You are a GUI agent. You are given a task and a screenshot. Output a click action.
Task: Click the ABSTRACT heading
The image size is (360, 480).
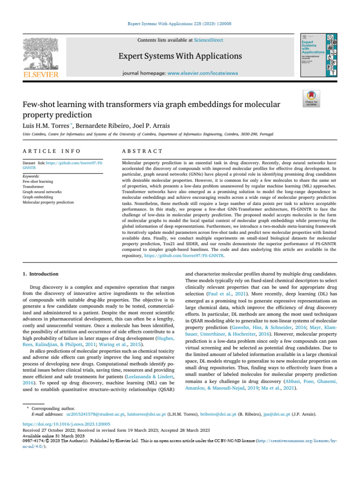tap(142, 151)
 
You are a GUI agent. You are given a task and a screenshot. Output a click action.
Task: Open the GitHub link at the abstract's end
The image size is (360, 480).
tap(184, 256)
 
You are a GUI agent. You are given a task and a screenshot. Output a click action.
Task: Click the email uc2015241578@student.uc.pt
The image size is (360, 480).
tap(95, 414)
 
